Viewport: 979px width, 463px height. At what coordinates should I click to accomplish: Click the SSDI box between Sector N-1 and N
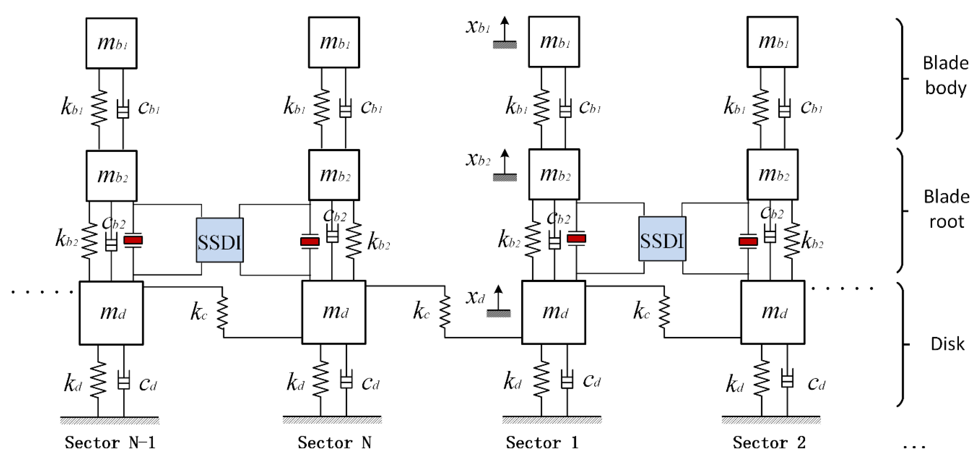(x=220, y=240)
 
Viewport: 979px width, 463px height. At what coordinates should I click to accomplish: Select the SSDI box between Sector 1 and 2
(x=662, y=239)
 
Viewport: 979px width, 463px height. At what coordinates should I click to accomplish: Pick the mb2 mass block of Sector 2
(x=772, y=175)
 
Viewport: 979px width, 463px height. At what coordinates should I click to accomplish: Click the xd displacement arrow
(x=498, y=298)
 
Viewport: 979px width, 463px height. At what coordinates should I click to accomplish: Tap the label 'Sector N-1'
(x=110, y=442)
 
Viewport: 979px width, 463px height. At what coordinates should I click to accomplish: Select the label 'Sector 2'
(x=769, y=442)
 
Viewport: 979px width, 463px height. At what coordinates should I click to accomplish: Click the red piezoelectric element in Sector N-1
(x=133, y=240)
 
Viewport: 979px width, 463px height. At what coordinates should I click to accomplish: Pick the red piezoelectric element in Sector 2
(x=748, y=241)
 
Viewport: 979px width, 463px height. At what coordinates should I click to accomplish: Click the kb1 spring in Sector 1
(x=541, y=107)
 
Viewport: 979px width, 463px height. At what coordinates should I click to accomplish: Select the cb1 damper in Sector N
(x=345, y=109)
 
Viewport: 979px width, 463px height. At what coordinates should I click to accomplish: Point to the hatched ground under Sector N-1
(x=110, y=420)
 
